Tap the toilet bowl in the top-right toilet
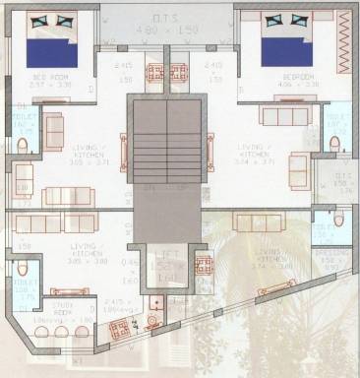click(334, 144)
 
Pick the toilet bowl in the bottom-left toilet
click(22, 266)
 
